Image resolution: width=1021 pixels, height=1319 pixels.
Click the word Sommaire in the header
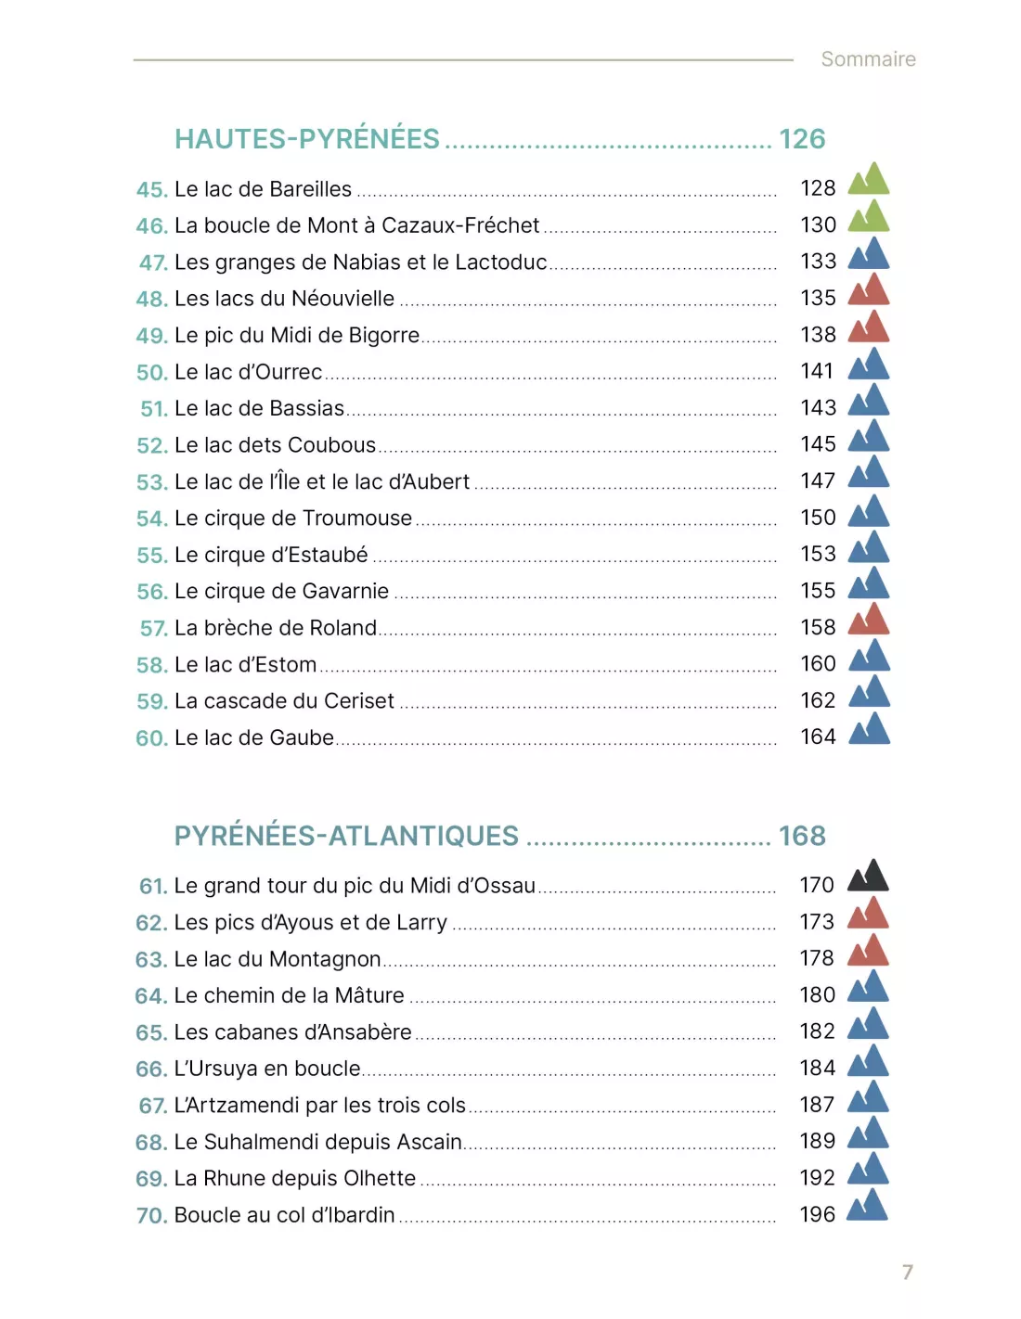point(868,58)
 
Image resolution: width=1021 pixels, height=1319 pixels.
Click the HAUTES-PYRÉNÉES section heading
point(306,138)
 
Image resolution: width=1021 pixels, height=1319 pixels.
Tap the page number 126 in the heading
point(802,139)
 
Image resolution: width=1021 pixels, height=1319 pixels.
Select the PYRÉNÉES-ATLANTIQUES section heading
point(346,835)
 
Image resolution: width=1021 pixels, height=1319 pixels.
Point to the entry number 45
point(152,189)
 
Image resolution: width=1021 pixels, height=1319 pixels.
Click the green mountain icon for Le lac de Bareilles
point(869,178)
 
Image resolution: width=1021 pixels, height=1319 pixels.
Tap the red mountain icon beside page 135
point(869,288)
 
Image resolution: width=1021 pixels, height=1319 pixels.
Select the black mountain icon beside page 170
point(868,875)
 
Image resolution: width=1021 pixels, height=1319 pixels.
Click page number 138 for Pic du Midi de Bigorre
point(818,335)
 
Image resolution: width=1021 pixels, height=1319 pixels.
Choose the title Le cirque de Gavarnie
point(281,591)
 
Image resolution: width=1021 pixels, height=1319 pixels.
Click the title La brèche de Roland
point(275,627)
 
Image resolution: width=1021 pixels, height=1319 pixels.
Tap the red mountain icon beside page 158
point(869,618)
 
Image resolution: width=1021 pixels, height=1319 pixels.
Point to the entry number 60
point(152,738)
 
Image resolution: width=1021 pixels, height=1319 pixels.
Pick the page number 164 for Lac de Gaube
point(818,736)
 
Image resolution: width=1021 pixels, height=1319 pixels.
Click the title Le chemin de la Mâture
point(289,995)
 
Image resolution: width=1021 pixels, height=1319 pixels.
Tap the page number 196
point(817,1214)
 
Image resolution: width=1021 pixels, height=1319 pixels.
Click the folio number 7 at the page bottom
point(908,1272)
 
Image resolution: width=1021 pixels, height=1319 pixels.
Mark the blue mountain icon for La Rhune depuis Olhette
point(868,1169)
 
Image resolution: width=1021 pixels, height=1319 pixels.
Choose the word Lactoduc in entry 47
point(500,262)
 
